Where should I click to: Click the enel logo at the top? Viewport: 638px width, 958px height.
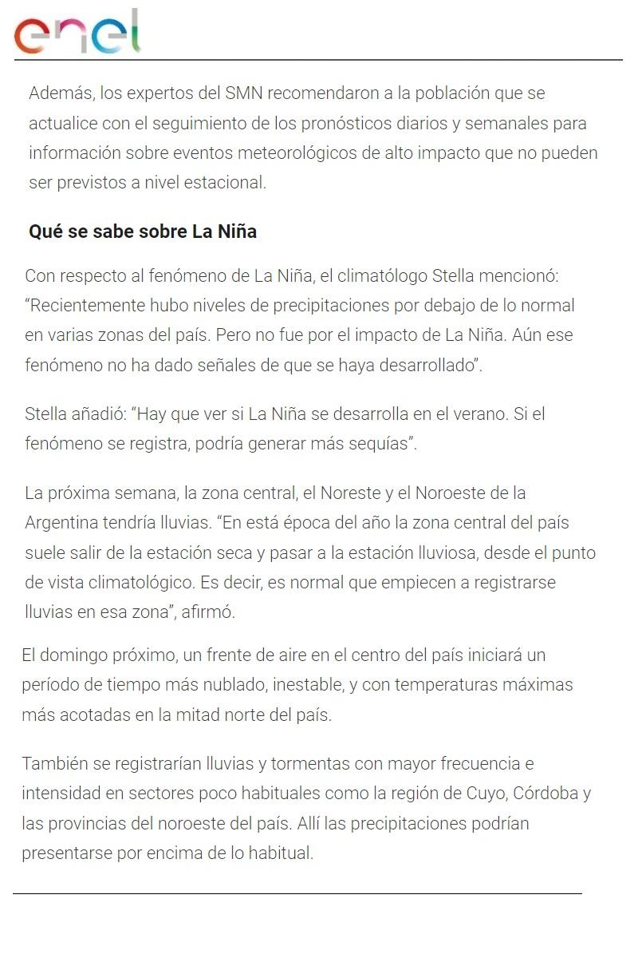pos(77,33)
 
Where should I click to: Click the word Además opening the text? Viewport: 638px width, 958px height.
pos(60,93)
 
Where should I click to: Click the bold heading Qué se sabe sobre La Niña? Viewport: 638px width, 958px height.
pos(143,232)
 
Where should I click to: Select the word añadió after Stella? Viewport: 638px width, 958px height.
pos(95,414)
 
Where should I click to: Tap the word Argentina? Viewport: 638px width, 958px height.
pos(59,523)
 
